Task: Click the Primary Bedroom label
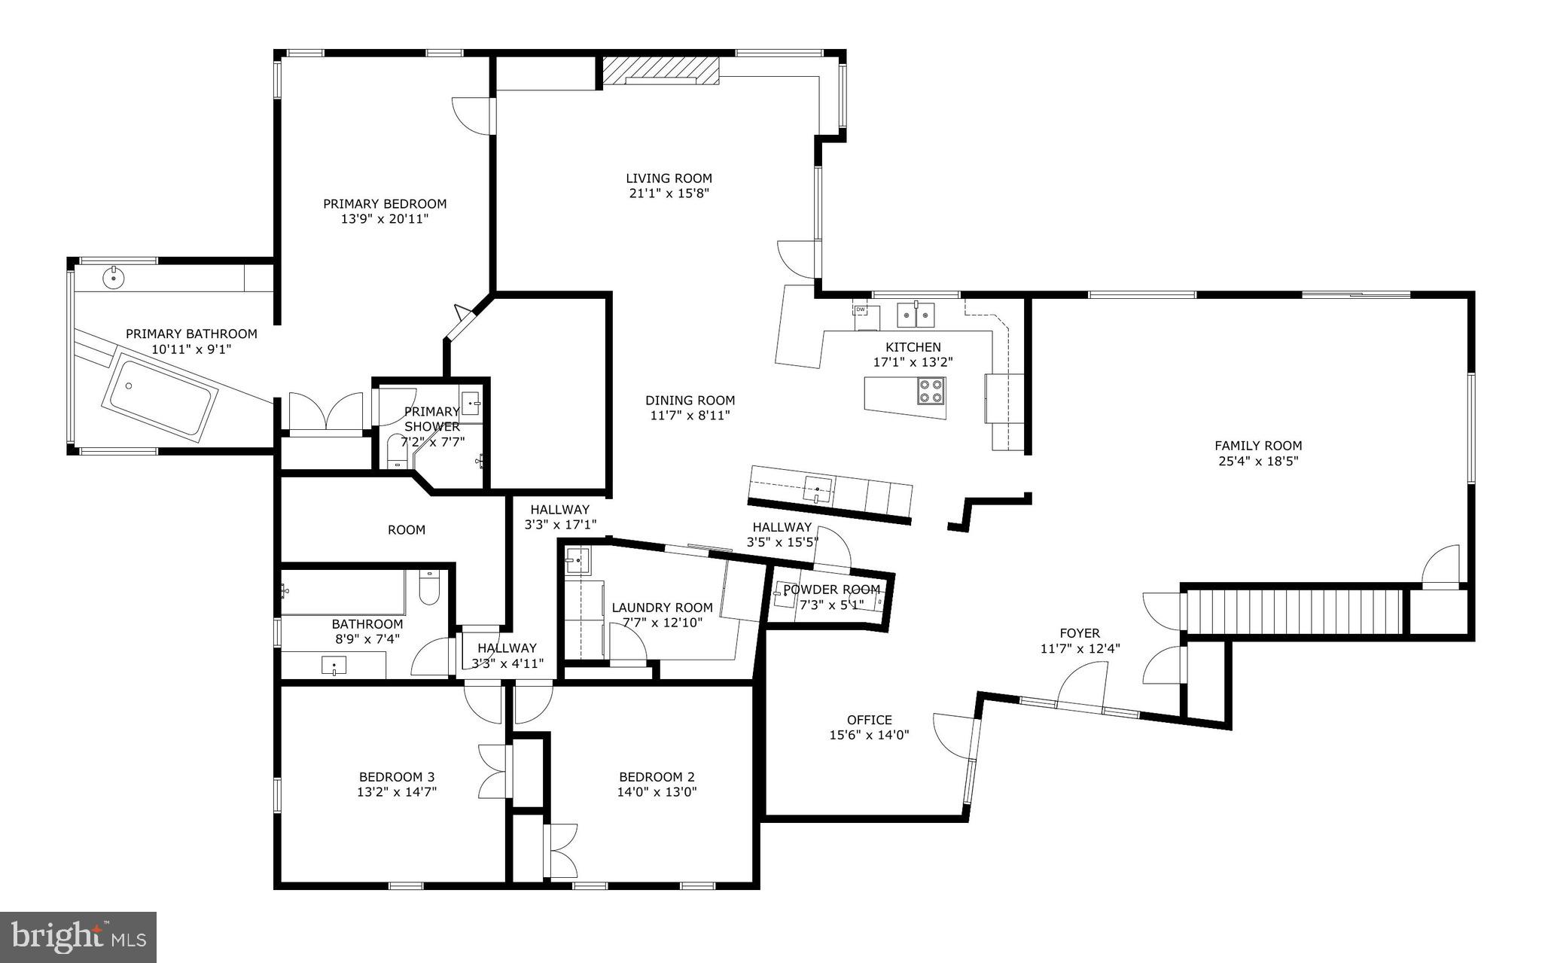coord(385,204)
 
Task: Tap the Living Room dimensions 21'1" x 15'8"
coord(669,193)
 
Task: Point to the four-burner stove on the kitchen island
coord(931,391)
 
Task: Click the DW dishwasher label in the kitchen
coord(860,309)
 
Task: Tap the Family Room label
coord(1257,446)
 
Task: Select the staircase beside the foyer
coord(1294,611)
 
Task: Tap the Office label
coord(869,720)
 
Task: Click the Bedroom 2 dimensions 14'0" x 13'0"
coord(657,792)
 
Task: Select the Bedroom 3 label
coord(396,777)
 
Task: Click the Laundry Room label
coord(662,608)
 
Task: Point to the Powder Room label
coord(831,590)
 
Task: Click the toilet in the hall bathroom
coord(428,588)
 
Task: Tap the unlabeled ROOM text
coord(407,530)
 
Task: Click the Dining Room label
coord(690,401)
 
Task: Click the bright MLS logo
coord(78,937)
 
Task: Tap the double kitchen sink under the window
coord(915,315)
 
